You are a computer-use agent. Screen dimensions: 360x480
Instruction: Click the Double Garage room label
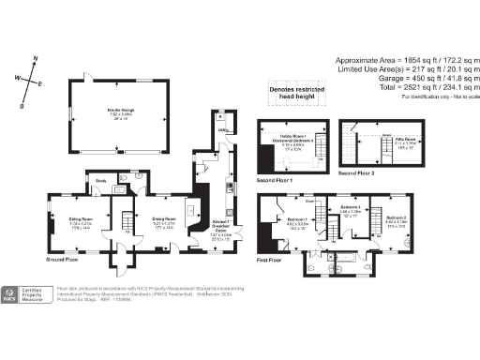pos(118,113)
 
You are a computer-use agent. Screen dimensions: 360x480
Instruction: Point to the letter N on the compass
pos(35,59)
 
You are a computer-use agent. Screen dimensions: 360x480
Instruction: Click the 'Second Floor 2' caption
pos(357,173)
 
